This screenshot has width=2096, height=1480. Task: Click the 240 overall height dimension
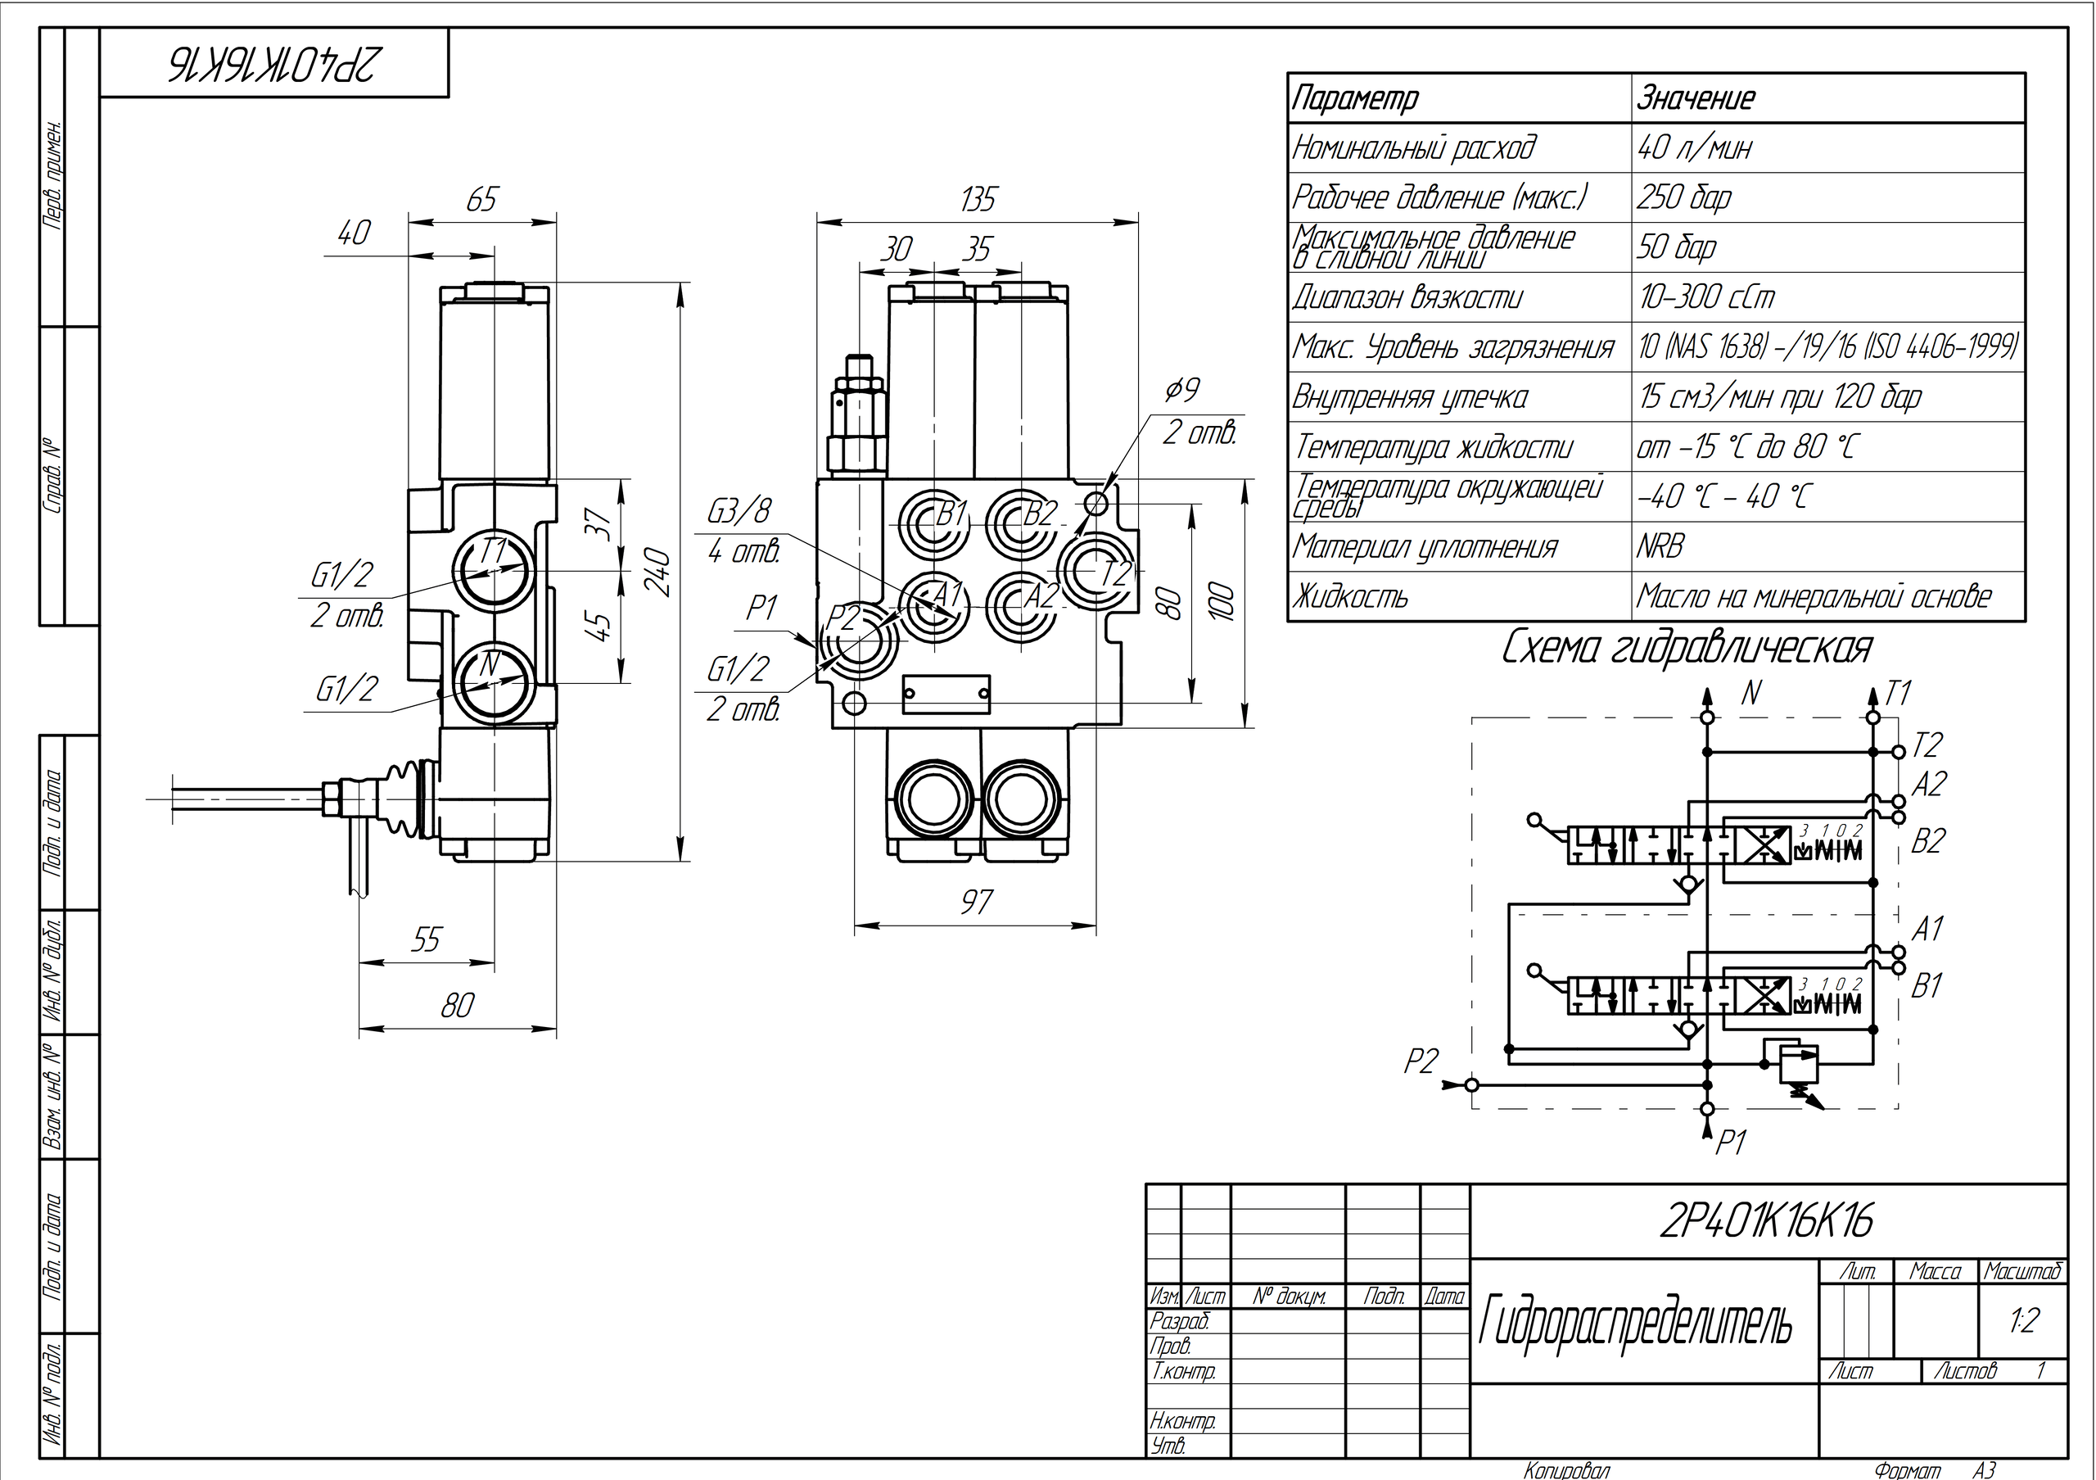pyautogui.click(x=662, y=573)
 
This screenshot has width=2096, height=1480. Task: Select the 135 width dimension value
pyautogui.click(x=978, y=199)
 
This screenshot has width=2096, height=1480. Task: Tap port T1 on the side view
pyautogui.click(x=493, y=570)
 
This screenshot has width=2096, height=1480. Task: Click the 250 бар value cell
pyautogui.click(x=1684, y=197)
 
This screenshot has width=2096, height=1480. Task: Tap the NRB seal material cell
pyautogui.click(x=1660, y=547)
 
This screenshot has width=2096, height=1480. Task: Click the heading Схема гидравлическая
pyautogui.click(x=1686, y=648)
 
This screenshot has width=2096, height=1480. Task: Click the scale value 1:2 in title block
pyautogui.click(x=2024, y=1320)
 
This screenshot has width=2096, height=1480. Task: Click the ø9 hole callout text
pyautogui.click(x=1182, y=391)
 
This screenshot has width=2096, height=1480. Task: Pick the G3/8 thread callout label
pyautogui.click(x=739, y=511)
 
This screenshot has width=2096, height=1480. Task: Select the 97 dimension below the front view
pyautogui.click(x=976, y=902)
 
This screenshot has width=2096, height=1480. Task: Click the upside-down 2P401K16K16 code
pyautogui.click(x=273, y=64)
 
